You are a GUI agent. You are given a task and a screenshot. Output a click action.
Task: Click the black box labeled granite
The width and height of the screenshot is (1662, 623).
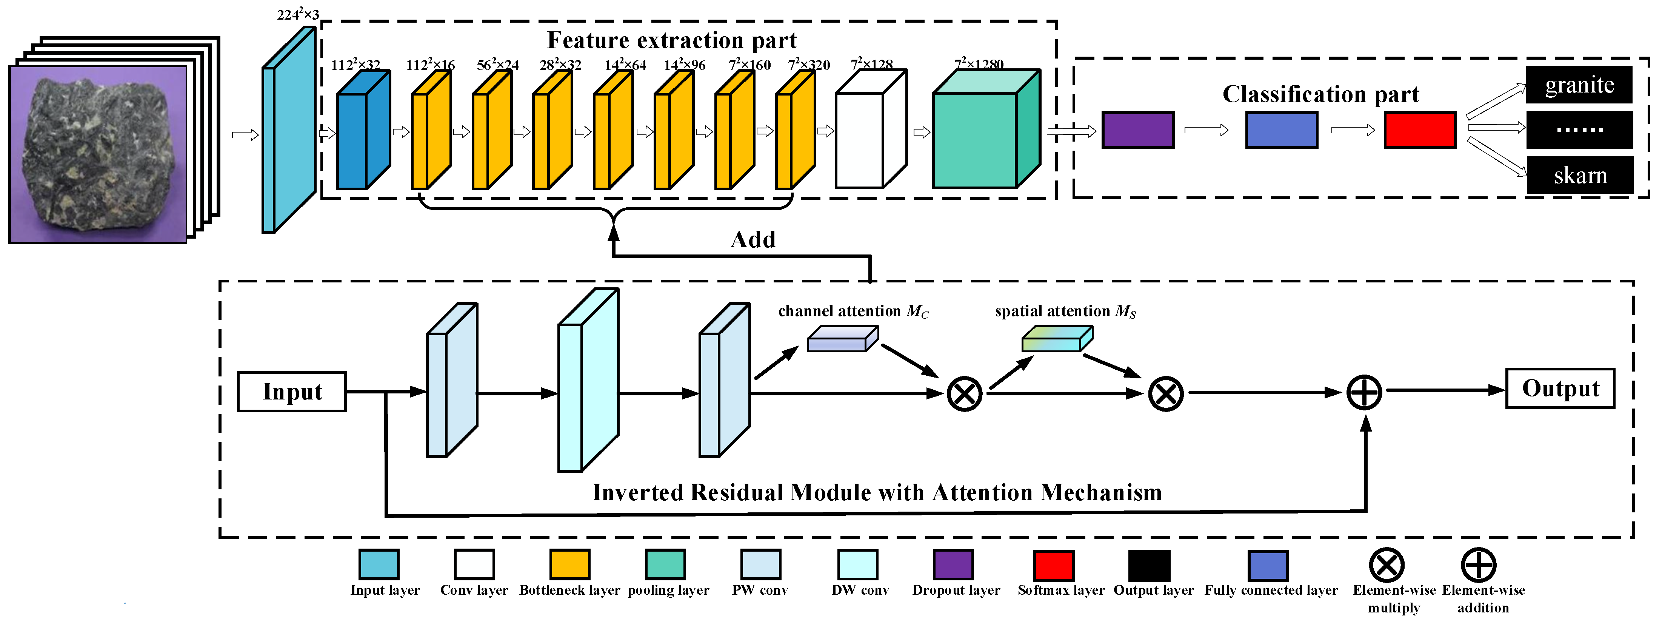1578,85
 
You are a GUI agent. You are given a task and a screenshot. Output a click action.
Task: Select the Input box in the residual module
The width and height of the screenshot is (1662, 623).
292,392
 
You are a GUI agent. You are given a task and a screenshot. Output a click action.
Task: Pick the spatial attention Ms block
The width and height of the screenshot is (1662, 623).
1056,339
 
